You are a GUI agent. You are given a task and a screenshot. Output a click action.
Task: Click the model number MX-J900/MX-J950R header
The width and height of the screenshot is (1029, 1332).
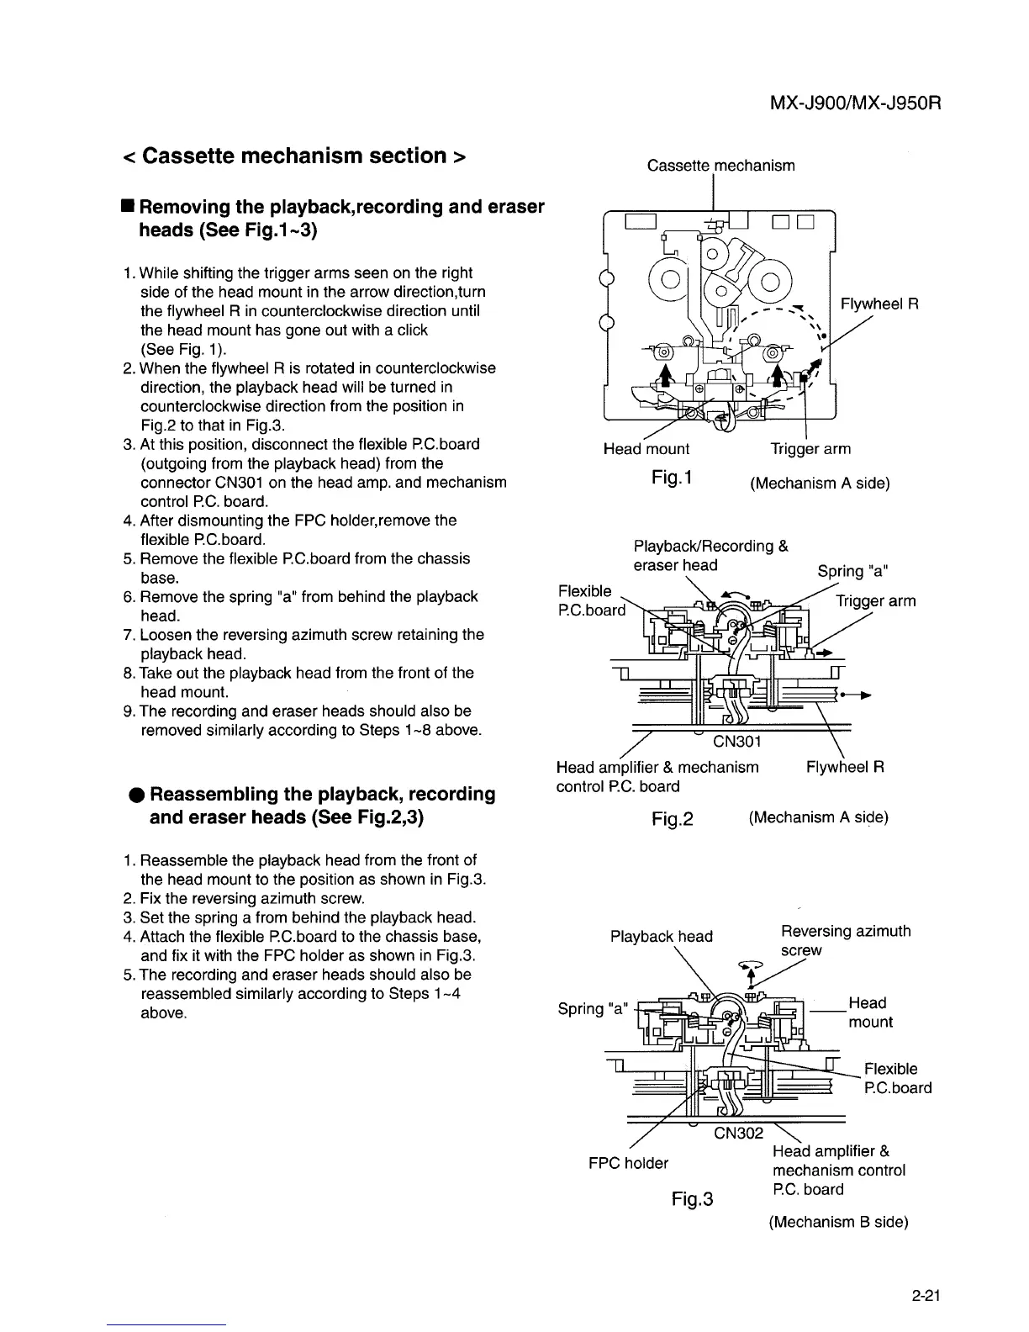point(854,103)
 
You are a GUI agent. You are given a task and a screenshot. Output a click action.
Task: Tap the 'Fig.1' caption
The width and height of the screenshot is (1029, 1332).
point(671,478)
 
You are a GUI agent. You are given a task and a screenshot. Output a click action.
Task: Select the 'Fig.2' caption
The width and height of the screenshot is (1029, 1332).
point(673,818)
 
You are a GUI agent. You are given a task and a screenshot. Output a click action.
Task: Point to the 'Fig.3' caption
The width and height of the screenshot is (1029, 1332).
point(693,1198)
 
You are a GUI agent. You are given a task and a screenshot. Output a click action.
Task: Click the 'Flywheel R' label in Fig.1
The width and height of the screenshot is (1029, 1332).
point(879,304)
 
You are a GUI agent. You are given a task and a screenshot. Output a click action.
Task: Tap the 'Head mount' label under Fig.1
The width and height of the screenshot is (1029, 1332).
point(646,449)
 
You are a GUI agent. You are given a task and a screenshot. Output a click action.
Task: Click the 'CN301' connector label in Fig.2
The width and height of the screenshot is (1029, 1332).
point(736,742)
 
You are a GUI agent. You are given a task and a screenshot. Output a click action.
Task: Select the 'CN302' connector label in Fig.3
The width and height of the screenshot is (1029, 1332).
point(737,1133)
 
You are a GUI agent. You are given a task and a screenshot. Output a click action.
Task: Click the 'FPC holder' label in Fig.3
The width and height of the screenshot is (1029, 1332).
point(628,1163)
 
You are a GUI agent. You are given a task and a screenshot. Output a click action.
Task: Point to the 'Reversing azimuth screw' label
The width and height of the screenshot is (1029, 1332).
point(845,940)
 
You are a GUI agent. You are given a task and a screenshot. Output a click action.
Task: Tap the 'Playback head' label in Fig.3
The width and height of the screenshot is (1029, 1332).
point(662,936)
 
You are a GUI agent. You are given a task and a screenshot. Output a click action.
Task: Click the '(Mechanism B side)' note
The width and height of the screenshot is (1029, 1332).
point(838,1222)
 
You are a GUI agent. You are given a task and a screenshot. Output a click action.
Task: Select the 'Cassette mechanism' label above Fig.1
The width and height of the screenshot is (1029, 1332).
point(720,166)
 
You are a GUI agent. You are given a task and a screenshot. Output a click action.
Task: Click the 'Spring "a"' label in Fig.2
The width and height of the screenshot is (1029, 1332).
point(853,571)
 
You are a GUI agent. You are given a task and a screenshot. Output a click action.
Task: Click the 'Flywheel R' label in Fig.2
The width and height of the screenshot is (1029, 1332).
point(845,767)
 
